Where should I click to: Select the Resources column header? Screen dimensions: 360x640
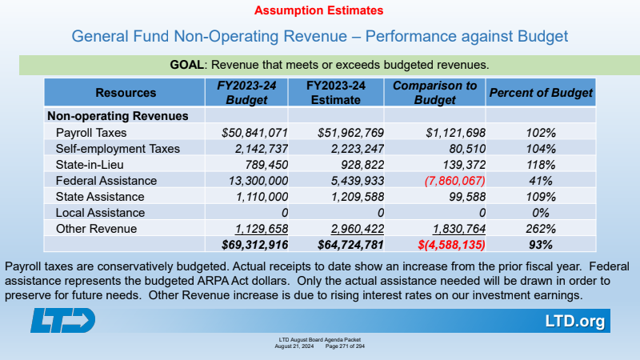tap(126, 93)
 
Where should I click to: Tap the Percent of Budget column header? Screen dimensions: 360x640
tap(541, 93)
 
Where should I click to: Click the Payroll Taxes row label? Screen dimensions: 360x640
tap(91, 132)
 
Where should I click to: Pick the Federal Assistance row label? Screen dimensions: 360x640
tap(106, 181)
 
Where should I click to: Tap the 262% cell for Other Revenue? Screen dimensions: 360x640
tap(541, 229)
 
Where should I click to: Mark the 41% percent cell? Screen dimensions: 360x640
tap(541, 181)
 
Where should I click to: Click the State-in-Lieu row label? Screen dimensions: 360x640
tap(90, 165)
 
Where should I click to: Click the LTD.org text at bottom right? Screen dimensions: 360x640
tap(574, 322)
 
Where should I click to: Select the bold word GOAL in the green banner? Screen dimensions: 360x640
tap(187, 64)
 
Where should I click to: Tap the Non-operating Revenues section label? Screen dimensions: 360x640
tap(118, 116)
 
